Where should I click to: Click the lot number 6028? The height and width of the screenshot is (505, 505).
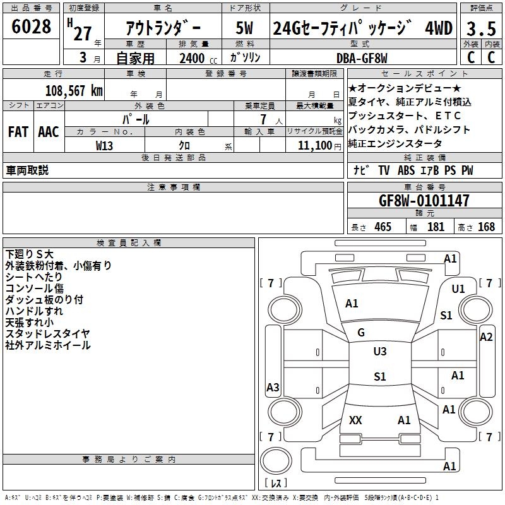point(31,27)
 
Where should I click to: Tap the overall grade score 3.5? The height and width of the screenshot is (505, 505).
point(481,28)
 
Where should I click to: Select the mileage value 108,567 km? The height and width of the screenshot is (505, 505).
point(74,91)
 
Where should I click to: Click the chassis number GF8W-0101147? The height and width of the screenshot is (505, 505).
point(424,200)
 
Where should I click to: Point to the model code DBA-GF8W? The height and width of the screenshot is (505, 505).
point(362,58)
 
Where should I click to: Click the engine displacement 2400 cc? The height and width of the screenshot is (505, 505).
point(198,59)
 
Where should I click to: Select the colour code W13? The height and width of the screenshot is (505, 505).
point(104,146)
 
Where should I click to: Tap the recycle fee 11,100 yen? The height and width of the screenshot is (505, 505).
point(319,146)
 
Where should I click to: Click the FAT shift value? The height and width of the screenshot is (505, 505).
point(18,132)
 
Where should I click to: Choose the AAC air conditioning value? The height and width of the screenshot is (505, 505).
point(49,132)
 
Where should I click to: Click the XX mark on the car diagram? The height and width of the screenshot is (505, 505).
point(355,420)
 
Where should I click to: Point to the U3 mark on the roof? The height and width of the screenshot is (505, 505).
point(380,352)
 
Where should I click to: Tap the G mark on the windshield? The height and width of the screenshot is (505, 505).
point(361,333)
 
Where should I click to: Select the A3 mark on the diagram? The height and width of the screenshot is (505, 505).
point(273,387)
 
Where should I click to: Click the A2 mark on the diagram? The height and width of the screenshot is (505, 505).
point(486,337)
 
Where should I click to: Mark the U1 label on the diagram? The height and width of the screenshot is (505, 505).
point(458,289)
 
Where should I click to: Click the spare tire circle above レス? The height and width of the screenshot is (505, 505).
point(276,461)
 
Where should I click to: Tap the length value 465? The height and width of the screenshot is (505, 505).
point(383,227)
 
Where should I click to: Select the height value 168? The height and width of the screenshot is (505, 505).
point(486,227)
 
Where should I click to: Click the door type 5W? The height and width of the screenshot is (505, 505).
point(244,28)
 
